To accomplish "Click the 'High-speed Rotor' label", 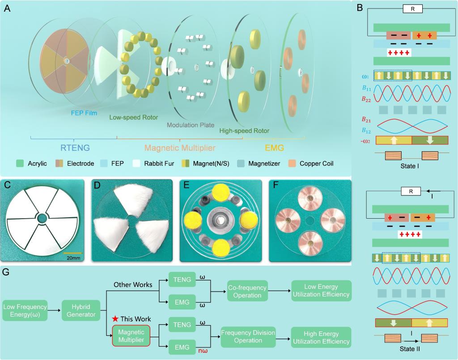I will click(245, 131).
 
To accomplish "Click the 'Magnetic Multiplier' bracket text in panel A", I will click(180, 147).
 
